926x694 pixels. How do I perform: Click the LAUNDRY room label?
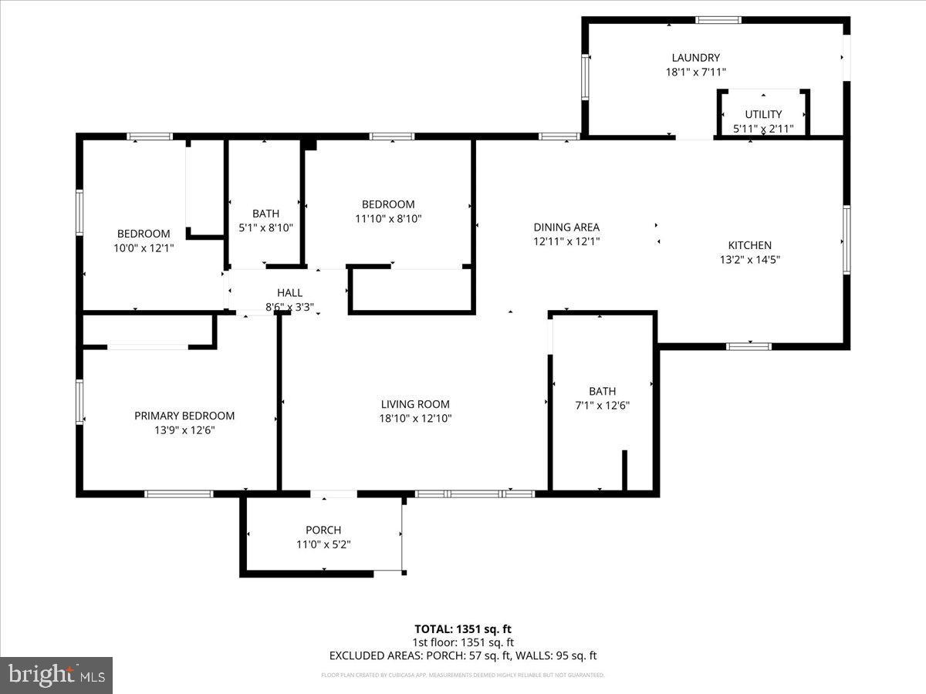pos(695,57)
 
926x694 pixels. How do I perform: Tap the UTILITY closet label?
pos(763,114)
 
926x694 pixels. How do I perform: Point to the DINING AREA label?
pos(566,227)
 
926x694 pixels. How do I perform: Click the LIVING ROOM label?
pos(415,404)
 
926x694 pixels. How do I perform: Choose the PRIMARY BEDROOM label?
pos(184,416)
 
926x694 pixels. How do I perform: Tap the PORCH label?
pos(323,530)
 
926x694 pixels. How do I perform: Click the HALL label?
pos(289,293)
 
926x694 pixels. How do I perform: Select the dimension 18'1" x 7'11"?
pos(695,72)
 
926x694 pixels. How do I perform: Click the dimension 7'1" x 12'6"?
pos(603,405)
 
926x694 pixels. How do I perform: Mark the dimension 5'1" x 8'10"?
pos(265,227)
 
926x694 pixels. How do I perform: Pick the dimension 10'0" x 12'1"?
pos(144,248)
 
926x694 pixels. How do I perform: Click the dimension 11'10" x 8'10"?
pos(388,218)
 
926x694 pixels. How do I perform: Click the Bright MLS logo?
pos(56,675)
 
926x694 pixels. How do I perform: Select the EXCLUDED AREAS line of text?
pos(462,656)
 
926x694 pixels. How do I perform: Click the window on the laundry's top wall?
pos(718,20)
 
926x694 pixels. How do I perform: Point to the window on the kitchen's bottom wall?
pos(749,346)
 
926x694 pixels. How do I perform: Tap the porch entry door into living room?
pos(333,494)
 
